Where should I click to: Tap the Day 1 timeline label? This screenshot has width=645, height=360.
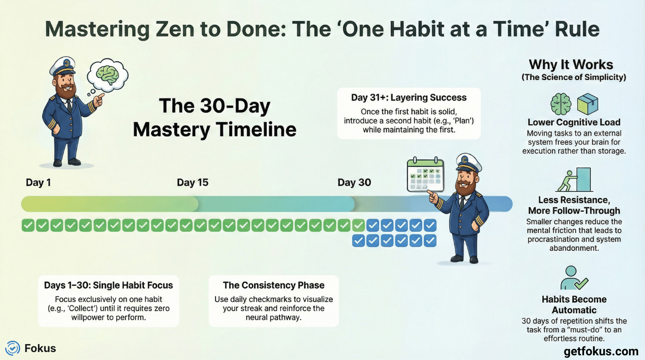38,182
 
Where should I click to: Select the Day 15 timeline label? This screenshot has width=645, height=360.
192,182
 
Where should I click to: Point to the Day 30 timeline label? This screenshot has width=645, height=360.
354,182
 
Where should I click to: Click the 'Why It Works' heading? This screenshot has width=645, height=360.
571,65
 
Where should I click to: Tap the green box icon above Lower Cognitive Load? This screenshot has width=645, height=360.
587,104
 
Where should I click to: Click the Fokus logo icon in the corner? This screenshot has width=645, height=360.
13,348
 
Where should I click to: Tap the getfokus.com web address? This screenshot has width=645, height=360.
601,351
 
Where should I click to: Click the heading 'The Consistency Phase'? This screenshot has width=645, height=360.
273,285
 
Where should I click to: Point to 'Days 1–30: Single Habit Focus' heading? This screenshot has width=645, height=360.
108,285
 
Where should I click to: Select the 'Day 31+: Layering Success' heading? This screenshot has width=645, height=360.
409,97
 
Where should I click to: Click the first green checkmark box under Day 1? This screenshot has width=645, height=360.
28,226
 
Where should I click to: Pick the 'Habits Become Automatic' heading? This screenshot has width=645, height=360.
574,304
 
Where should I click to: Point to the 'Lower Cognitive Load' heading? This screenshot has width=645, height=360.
574,122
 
